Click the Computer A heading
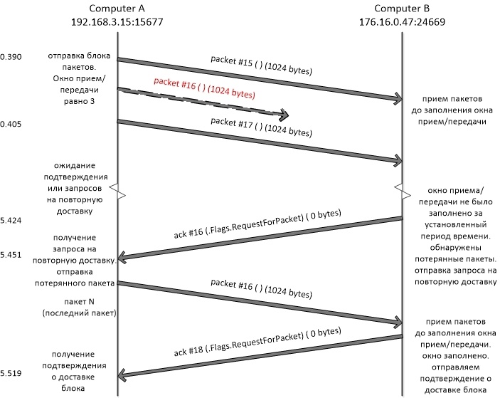[117, 9]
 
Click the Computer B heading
[402, 9]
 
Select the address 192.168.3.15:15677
[117, 21]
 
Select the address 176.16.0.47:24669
[402, 21]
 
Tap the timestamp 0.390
[11, 57]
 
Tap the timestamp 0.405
[11, 124]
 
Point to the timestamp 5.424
[11, 220]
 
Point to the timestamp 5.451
[11, 255]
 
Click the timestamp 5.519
[11, 373]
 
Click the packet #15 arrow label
[261, 65]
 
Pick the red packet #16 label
[204, 88]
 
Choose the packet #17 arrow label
[261, 127]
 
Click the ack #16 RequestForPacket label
[257, 224]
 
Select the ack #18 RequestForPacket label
[257, 342]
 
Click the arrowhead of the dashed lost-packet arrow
[284, 115]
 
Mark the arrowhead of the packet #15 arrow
[398, 98]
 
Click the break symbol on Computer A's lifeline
[117, 192]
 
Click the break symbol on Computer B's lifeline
[403, 192]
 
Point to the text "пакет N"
[79, 302]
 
